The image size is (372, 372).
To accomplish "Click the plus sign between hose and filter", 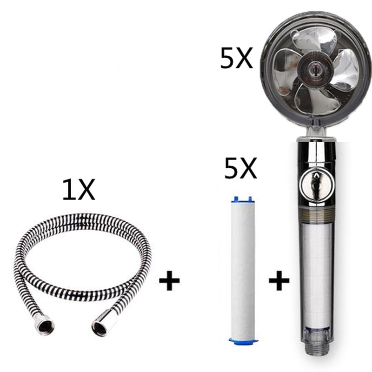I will (x=169, y=281).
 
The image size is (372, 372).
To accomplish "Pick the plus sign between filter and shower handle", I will (x=279, y=281).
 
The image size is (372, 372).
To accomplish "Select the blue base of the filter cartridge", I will (x=243, y=341).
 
